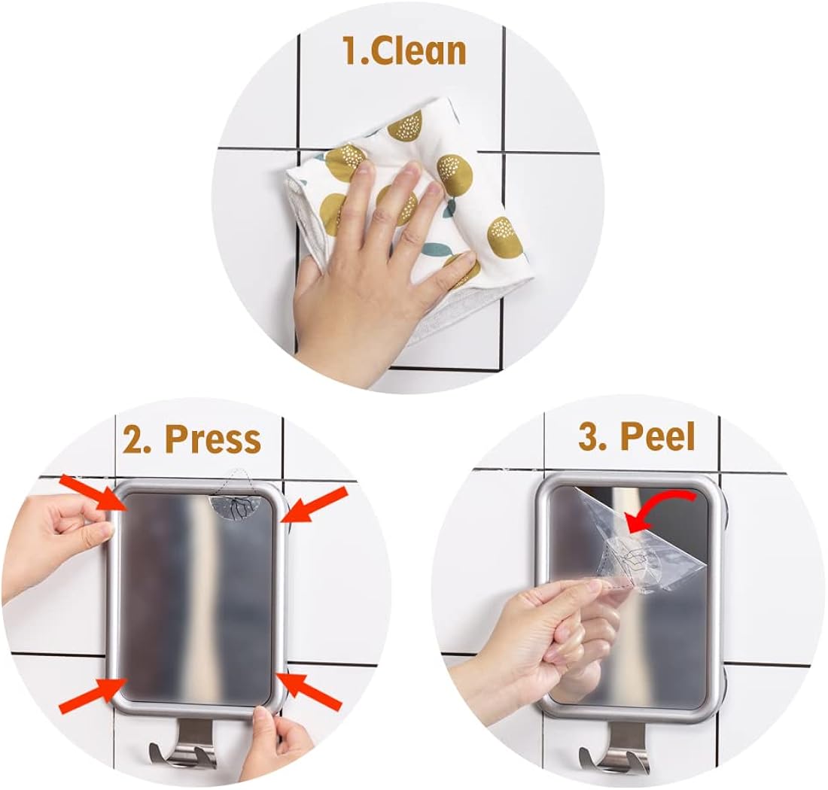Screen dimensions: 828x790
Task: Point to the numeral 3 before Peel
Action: pos(589,436)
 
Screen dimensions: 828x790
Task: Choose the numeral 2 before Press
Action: pos(133,439)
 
